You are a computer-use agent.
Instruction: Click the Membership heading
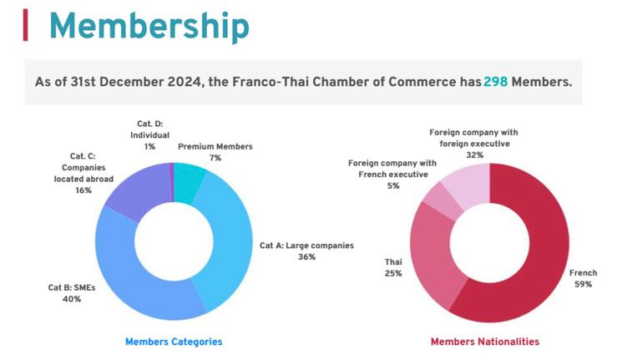pos(149,26)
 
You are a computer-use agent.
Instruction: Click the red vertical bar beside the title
pos(26,25)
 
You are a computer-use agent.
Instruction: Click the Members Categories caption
pos(174,342)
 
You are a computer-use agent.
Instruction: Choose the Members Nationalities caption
pos(484,342)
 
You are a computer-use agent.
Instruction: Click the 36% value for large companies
pos(306,257)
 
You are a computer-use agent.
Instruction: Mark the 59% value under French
pos(582,284)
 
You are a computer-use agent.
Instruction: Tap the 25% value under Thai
pos(392,273)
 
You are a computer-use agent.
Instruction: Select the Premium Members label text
pos(215,146)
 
